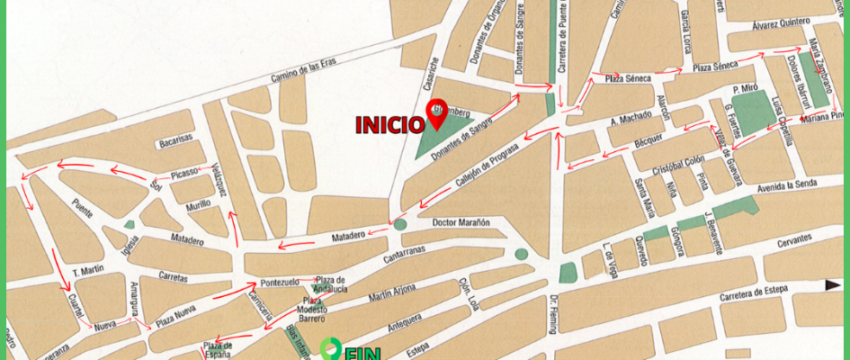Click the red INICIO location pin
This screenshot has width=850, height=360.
[437, 112]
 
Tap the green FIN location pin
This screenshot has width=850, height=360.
[332, 347]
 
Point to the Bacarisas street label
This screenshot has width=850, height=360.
[175, 139]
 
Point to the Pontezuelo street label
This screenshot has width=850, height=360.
[279, 281]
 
